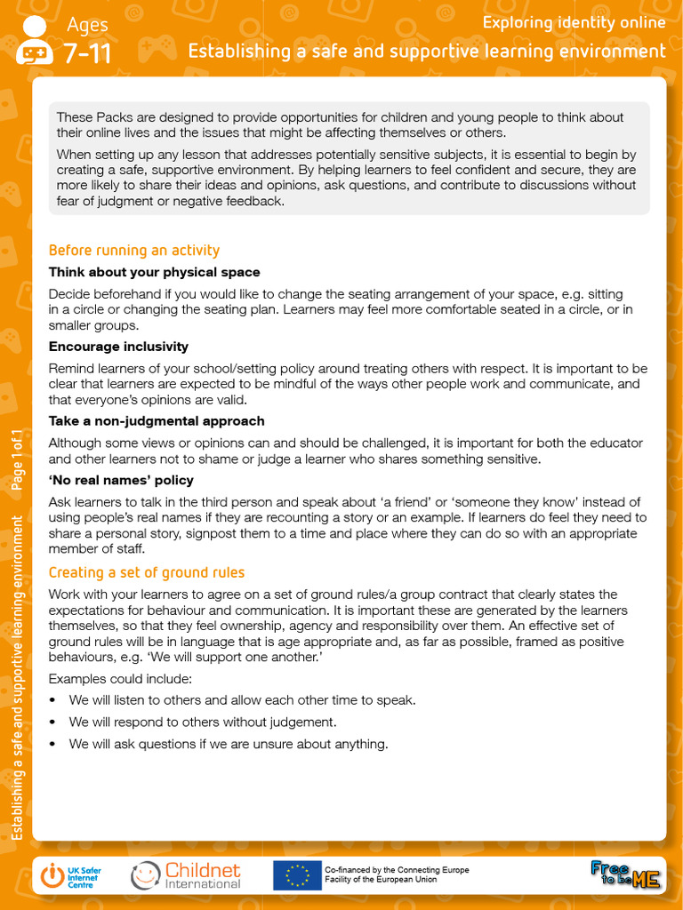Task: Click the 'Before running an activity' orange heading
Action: coord(133,251)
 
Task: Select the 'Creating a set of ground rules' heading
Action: coord(146,572)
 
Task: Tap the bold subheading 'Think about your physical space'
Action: coord(154,272)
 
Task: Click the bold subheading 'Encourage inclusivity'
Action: coord(118,347)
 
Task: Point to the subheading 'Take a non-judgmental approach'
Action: coord(156,421)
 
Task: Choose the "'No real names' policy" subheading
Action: coord(121,480)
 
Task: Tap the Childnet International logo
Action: coord(187,875)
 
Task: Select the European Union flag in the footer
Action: coord(296,875)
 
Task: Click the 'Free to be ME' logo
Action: coord(626,874)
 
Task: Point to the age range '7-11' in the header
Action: coord(87,54)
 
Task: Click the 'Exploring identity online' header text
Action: coord(574,23)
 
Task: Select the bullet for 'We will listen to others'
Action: coord(53,700)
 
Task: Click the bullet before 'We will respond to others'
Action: coord(53,722)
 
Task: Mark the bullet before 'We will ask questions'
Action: coord(53,745)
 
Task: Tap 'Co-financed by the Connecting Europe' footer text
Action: coord(397,869)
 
